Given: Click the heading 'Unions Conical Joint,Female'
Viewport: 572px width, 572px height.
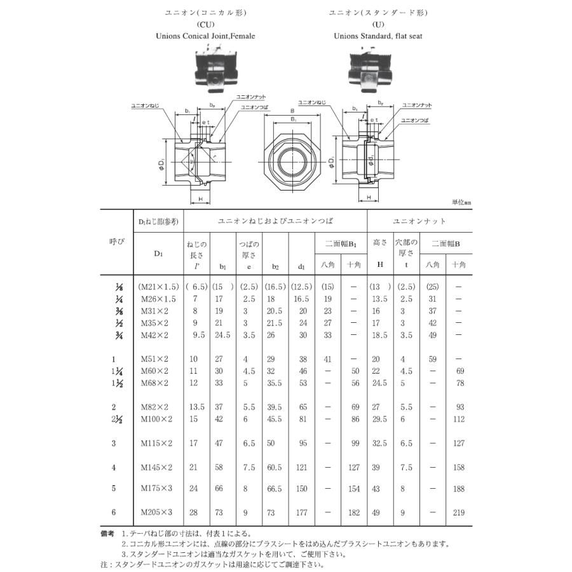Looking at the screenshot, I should (x=205, y=36).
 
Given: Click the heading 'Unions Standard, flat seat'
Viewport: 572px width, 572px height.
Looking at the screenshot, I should (x=378, y=36).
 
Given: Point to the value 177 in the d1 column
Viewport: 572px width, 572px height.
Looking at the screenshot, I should (x=302, y=512).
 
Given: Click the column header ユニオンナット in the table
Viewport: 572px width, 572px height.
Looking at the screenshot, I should (x=419, y=221).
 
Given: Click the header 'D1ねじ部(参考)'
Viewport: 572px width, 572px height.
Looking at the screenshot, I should (x=158, y=221).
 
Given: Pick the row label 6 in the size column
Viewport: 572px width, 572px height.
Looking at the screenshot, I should (x=114, y=512).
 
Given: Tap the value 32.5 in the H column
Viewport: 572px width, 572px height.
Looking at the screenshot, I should (x=379, y=443).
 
